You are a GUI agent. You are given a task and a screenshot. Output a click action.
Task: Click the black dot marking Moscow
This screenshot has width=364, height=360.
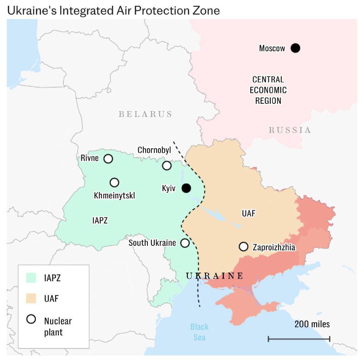tap(295, 48)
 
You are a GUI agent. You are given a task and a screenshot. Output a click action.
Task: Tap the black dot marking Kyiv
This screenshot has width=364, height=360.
tap(186, 188)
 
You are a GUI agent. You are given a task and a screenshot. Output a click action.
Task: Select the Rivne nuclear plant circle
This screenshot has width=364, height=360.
tap(108, 158)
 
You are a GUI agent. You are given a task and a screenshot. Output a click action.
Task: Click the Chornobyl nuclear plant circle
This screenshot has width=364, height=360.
tap(167, 165)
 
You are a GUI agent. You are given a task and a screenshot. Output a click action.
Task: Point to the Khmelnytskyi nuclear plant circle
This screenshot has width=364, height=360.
tap(114, 182)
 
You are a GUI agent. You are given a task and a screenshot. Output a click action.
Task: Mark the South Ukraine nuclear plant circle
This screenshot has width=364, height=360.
tap(185, 243)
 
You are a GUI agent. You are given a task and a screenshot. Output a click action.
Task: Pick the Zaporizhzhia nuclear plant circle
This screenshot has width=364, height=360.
tap(243, 247)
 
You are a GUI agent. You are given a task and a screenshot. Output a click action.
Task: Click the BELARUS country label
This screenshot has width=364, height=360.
tap(146, 114)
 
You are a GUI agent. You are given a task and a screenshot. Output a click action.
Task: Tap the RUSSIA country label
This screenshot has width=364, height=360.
tap(290, 130)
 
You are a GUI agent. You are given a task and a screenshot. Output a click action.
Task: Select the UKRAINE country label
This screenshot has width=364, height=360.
tap(214, 276)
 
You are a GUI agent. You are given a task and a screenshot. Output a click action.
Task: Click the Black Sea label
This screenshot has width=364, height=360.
tap(199, 332)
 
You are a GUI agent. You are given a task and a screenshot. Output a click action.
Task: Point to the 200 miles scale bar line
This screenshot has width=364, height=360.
tap(299, 339)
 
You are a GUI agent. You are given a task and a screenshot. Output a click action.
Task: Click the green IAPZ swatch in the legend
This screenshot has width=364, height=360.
tap(31, 277)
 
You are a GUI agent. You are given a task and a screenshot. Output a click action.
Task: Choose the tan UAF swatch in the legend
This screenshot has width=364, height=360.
tap(31, 298)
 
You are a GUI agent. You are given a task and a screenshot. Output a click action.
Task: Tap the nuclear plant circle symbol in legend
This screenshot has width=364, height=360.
tap(31, 319)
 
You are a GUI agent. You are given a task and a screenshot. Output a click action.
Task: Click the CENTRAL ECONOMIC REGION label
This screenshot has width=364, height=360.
tap(268, 90)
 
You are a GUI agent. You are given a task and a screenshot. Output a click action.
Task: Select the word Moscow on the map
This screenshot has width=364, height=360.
tap(272, 48)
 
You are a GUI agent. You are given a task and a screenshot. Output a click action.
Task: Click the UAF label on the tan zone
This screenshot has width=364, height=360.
tap(248, 213)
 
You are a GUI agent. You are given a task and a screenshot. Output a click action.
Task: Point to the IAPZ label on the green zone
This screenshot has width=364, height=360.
tap(100, 220)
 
